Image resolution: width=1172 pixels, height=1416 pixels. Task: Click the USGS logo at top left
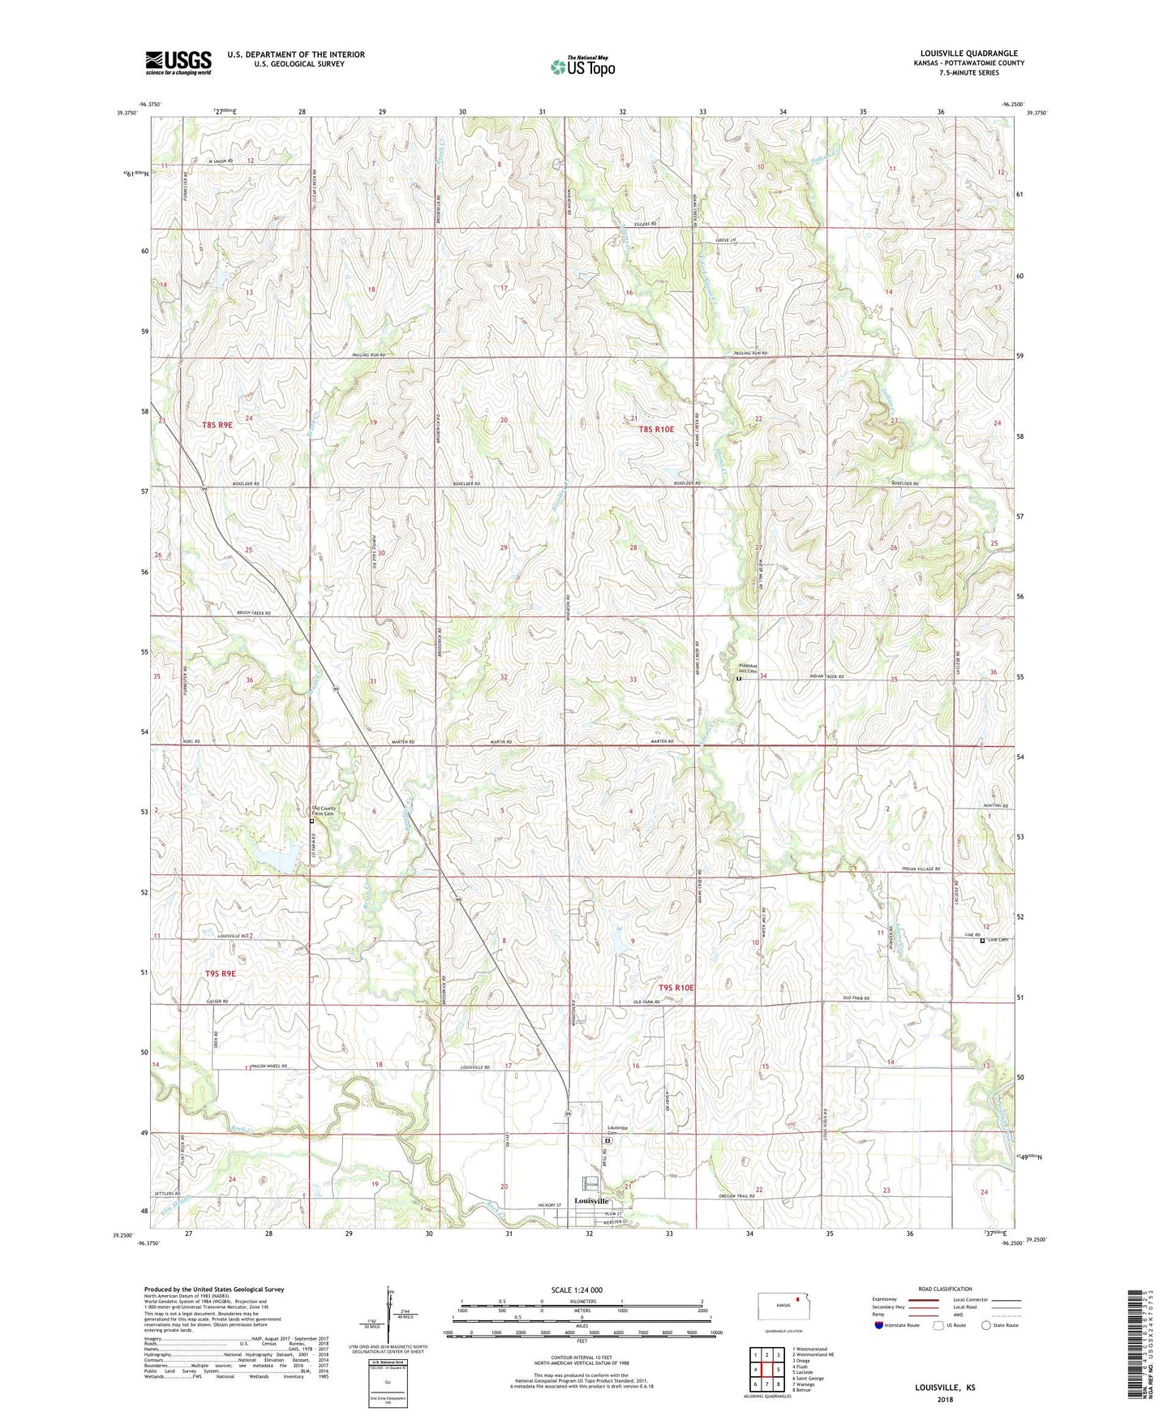point(178,62)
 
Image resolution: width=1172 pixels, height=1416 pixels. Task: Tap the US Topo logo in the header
point(583,67)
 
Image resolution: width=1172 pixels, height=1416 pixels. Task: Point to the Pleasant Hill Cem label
point(748,669)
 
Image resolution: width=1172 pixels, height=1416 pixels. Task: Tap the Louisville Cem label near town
point(618,1131)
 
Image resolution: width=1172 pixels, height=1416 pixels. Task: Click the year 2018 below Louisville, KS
point(945,1399)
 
